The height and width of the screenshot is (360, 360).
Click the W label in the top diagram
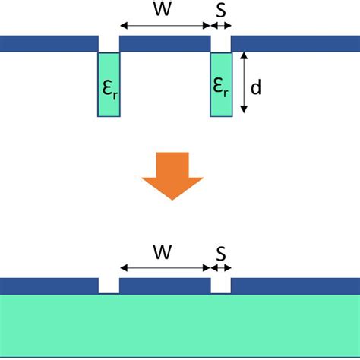tap(164, 10)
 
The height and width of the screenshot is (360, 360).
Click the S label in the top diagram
tap(220, 10)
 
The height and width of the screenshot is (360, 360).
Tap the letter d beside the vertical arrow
tap(256, 87)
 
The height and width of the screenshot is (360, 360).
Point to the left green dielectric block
tap(109, 84)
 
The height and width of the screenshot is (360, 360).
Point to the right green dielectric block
tap(221, 84)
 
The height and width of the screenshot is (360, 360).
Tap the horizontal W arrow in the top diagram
tap(165, 27)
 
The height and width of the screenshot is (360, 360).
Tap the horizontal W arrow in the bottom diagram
tap(165, 267)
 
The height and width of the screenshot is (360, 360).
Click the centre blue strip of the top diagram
tap(165, 43)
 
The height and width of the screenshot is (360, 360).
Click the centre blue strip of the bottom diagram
tap(165, 286)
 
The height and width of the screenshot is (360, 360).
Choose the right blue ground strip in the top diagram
tap(295, 43)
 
